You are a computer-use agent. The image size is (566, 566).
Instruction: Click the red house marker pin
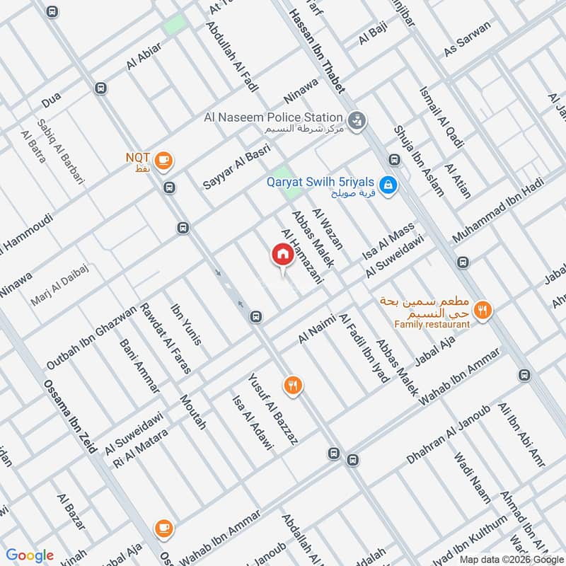click(x=282, y=255)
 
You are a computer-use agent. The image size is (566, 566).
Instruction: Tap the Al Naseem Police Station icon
click(x=358, y=120)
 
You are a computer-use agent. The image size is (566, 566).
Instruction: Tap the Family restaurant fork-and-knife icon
click(x=483, y=311)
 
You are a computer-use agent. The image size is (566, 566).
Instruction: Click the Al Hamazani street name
click(x=301, y=256)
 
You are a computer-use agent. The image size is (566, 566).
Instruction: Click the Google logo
click(x=30, y=555)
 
